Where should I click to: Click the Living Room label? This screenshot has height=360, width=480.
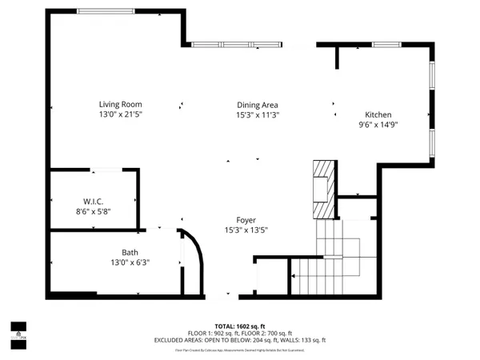tap(120, 104)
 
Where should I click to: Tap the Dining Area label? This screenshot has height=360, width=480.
tap(257, 105)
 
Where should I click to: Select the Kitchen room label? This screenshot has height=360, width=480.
tap(378, 114)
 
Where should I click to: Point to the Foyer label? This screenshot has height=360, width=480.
tap(246, 220)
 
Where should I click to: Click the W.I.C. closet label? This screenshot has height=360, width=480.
tap(94, 201)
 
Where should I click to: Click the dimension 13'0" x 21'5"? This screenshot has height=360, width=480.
tap(120, 114)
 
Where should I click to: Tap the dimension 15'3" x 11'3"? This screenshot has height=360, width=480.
tap(257, 114)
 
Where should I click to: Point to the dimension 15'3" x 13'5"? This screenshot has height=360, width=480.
tap(246, 230)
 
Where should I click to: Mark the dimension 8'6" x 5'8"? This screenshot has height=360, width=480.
tap(94, 211)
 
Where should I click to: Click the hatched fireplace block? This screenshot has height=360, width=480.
tap(322, 188)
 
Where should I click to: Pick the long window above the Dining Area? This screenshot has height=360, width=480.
tap(235, 45)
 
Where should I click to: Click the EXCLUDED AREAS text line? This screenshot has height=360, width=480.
tap(240, 340)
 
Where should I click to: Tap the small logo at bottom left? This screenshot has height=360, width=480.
tap(18, 331)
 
